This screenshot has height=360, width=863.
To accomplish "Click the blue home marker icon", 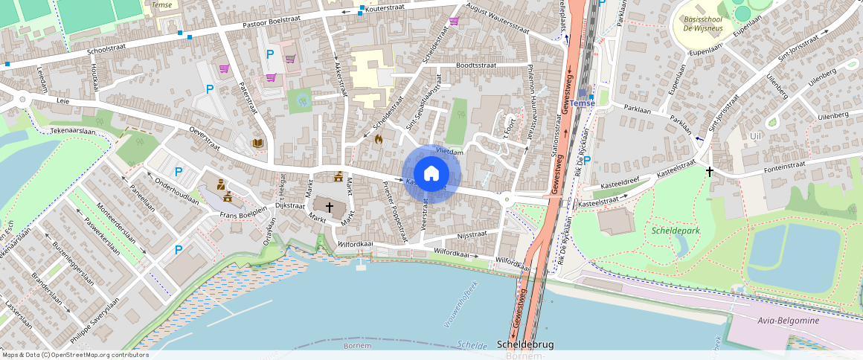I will click(x=431, y=173).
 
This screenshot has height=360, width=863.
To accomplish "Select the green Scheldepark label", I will click(x=676, y=231).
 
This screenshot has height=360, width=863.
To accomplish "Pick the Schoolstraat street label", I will click(x=107, y=51).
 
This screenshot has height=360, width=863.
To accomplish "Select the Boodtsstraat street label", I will click(x=476, y=65).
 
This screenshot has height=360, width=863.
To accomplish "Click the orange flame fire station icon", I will click(x=378, y=138).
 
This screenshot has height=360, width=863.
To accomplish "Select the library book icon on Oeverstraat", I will click(x=257, y=143).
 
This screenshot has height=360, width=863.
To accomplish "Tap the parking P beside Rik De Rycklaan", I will click(x=587, y=160).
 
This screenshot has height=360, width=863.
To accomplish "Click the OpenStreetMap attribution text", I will click(x=74, y=355).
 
